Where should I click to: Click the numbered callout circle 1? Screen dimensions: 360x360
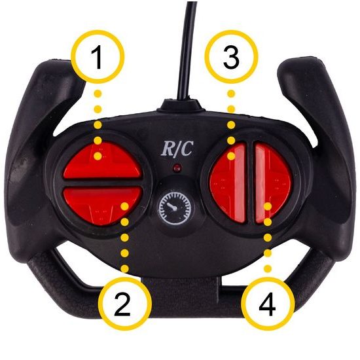98,56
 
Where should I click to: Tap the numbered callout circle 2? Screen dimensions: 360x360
125,304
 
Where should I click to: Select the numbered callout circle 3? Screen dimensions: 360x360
232,56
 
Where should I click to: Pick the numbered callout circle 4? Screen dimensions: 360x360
268,304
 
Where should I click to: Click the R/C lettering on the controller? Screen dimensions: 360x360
177,149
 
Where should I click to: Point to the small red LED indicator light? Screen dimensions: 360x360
177,168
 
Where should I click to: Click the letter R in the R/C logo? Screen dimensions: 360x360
168,149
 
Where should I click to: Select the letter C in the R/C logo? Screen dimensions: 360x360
187,148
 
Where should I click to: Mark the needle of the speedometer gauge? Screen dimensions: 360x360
171,206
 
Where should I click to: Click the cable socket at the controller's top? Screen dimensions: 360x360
181,105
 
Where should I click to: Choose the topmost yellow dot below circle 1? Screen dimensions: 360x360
98,94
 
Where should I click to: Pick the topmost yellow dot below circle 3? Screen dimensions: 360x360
232,94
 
